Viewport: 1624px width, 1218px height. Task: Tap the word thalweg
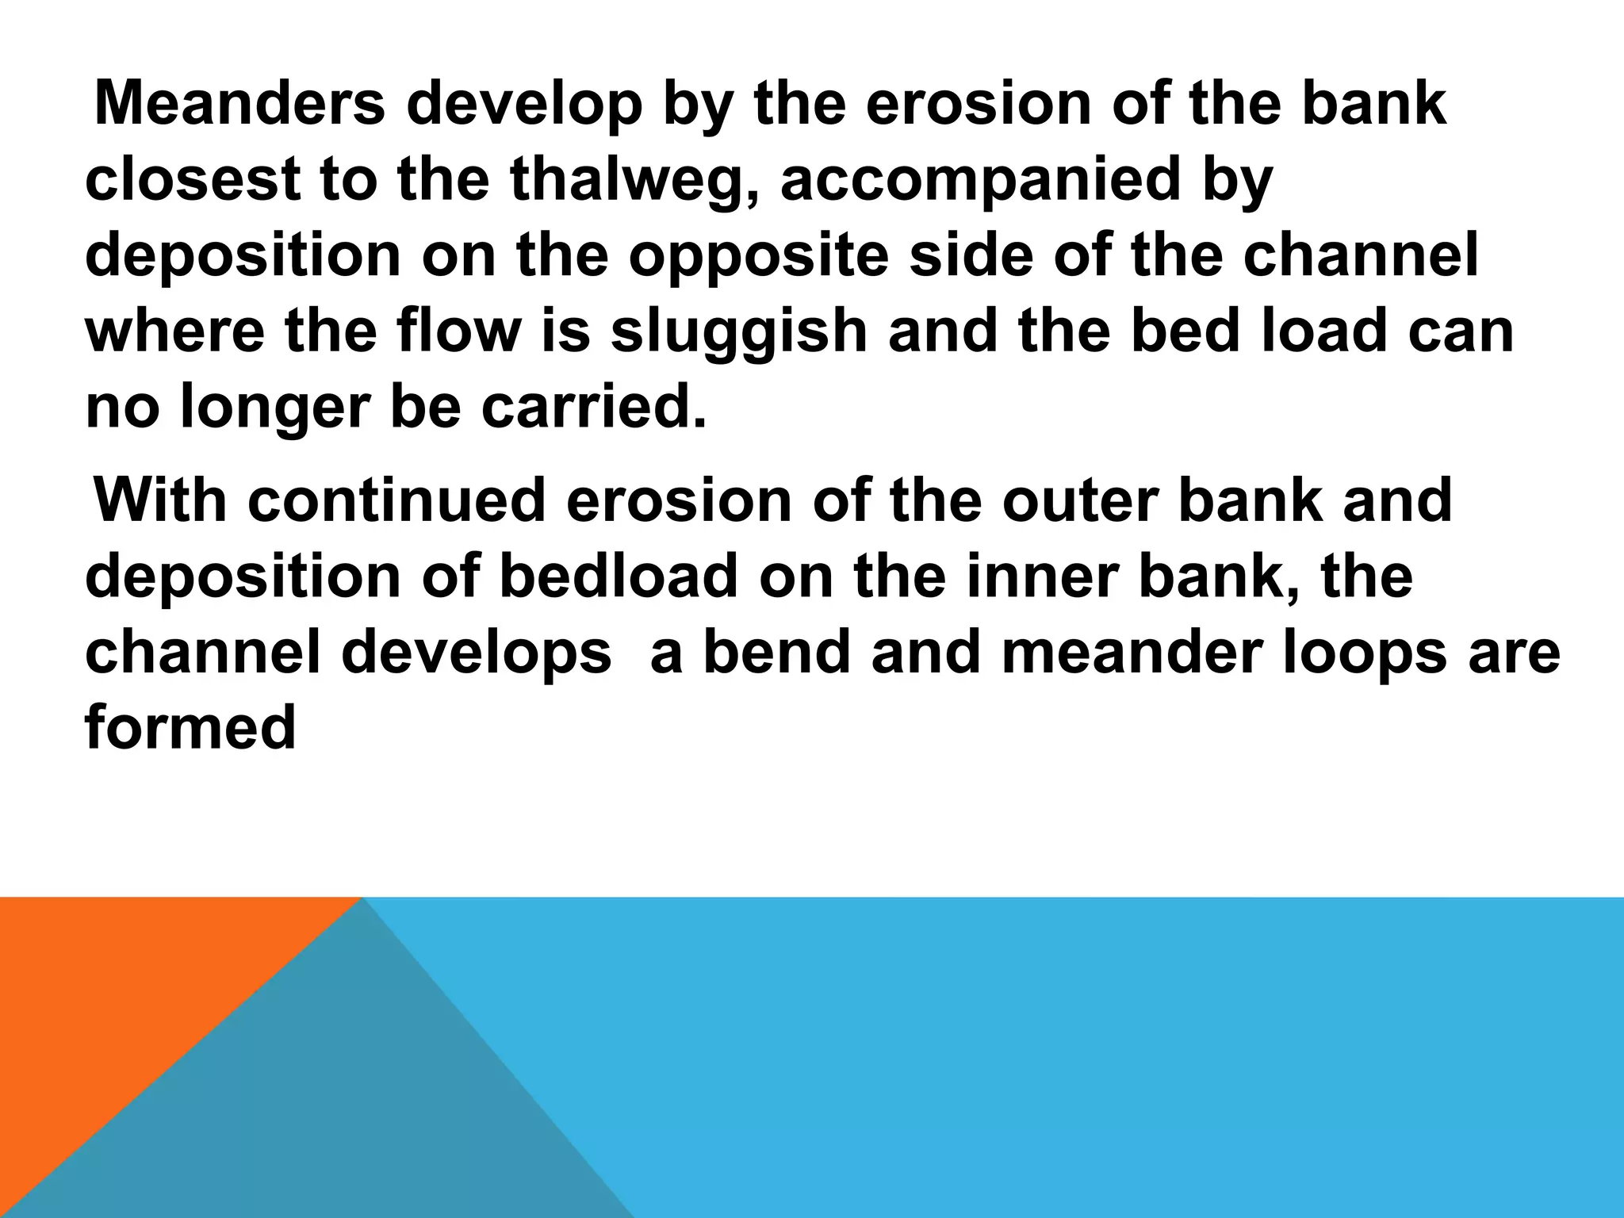634,180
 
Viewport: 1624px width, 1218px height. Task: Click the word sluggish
738,331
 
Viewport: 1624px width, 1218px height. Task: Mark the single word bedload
619,576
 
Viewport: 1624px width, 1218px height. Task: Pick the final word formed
190,727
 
